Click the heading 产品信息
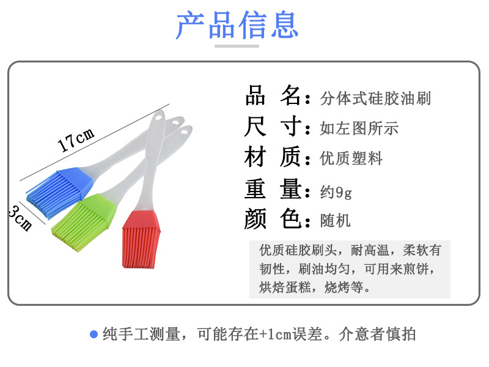point(237,25)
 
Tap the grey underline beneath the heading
point(237,46)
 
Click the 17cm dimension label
point(76,139)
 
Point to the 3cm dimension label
point(20,218)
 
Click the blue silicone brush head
point(59,192)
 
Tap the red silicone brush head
point(141,239)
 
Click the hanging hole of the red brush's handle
point(158,118)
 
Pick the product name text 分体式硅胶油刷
point(375,98)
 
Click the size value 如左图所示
point(359,128)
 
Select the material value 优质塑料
point(351,158)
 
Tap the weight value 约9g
point(336,191)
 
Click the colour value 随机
point(335,221)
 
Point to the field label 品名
point(273,95)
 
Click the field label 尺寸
point(273,126)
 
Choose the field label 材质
point(273,157)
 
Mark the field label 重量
point(273,188)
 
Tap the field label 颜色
point(273,218)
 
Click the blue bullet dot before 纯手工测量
point(94,334)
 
